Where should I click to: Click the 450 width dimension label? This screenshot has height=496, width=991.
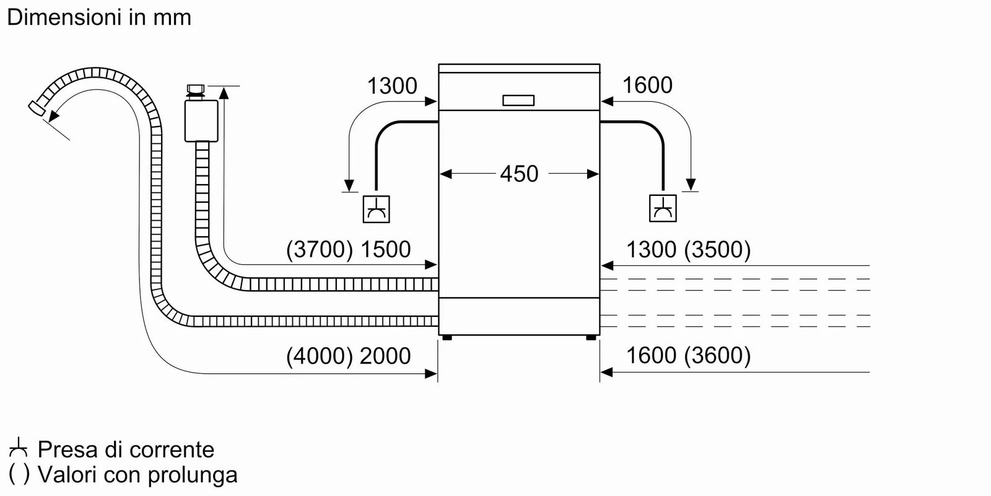click(518, 174)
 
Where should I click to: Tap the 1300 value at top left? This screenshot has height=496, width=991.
click(392, 86)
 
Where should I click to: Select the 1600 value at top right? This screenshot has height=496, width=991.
click(647, 86)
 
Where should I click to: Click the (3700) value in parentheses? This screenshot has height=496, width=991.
click(320, 249)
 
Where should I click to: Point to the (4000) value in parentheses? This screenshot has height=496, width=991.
click(320, 356)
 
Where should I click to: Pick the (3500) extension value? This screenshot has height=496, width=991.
click(717, 249)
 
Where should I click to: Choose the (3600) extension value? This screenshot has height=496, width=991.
click(717, 356)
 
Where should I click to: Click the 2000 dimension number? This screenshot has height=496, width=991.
click(385, 356)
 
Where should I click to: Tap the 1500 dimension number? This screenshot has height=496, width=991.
click(385, 249)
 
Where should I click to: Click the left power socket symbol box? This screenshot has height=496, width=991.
click(376, 208)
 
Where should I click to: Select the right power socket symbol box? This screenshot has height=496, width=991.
click(663, 208)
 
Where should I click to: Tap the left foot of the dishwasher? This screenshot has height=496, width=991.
click(447, 338)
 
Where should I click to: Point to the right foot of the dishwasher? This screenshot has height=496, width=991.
click(591, 338)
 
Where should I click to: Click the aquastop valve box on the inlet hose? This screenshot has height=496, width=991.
click(201, 120)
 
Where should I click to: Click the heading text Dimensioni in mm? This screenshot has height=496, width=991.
click(99, 17)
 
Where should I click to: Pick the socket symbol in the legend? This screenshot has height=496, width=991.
click(19, 448)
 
